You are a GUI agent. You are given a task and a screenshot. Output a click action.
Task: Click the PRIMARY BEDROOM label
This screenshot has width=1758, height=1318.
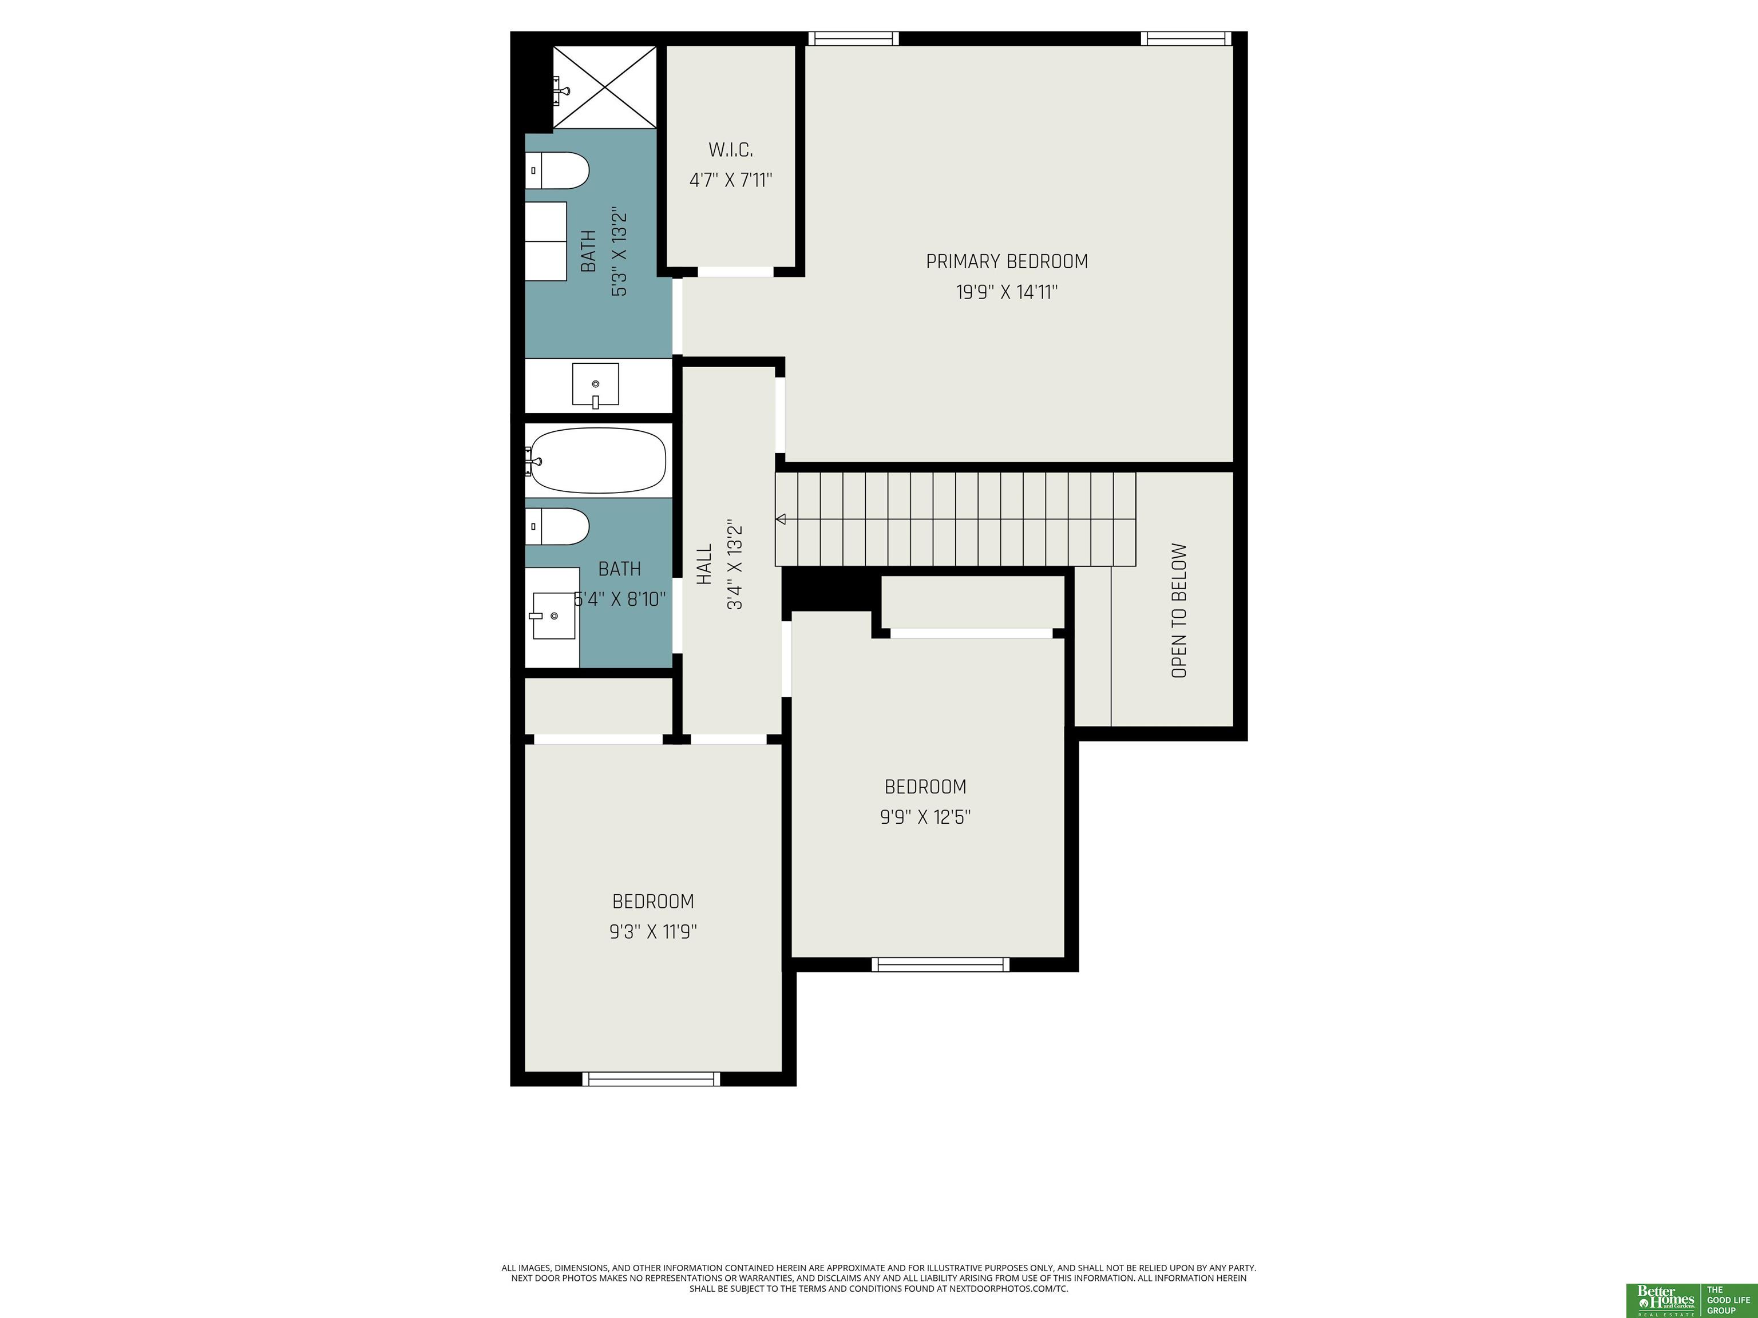1006,261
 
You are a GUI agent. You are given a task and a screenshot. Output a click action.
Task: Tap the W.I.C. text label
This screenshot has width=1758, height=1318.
730,149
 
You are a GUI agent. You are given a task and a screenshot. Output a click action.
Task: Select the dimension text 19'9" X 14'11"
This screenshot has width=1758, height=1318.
1006,292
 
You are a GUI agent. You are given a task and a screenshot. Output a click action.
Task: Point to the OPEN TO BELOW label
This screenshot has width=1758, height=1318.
1179,610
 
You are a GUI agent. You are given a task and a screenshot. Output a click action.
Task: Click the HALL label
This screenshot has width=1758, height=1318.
704,565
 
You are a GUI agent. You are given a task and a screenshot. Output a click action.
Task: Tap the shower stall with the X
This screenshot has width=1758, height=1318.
605,88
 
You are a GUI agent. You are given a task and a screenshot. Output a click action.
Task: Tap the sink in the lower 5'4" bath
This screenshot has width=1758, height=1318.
553,616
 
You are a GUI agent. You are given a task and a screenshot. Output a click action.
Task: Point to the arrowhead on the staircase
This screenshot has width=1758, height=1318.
781,519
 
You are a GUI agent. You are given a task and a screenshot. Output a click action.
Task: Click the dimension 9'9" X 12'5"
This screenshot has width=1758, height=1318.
925,817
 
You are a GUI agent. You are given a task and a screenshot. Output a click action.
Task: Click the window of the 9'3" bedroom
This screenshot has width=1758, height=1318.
651,1078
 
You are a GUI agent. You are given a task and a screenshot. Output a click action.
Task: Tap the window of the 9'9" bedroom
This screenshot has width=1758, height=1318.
940,964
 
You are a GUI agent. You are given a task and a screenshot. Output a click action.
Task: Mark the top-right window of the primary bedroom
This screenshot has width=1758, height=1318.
1186,38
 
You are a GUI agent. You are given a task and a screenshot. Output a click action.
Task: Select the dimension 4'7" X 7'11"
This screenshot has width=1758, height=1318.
730,180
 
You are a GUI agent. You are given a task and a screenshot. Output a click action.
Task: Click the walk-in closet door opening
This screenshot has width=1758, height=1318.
735,272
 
